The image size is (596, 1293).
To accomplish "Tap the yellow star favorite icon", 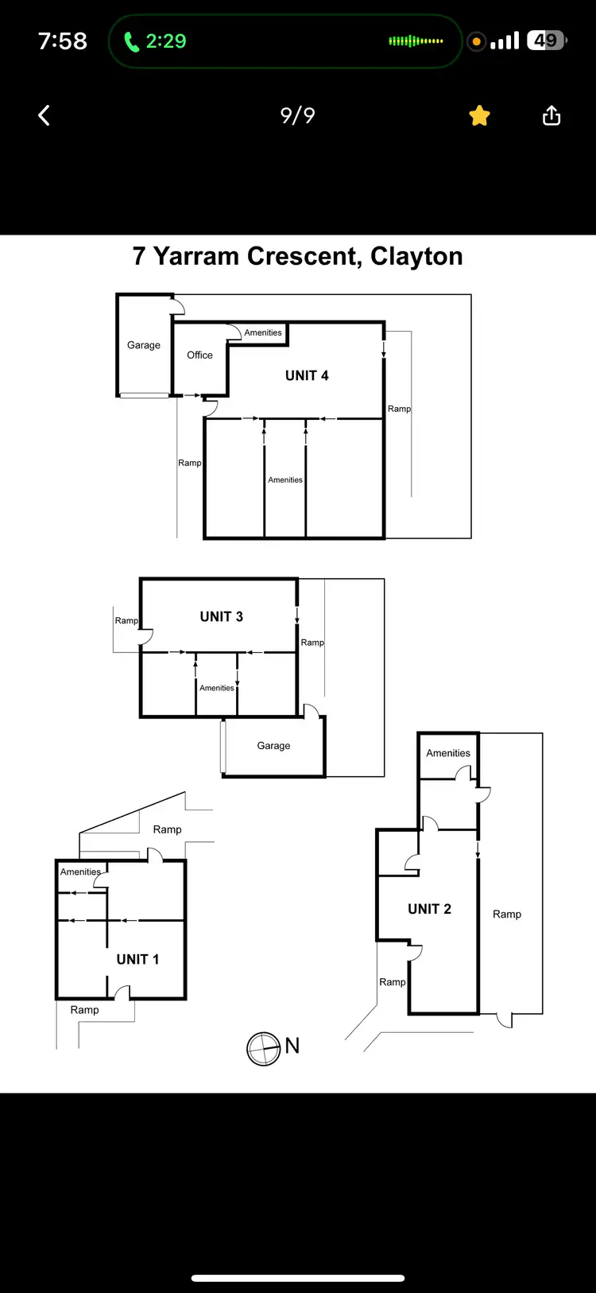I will click(479, 116).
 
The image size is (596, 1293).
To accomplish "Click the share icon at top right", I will click(551, 116).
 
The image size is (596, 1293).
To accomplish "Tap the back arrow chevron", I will click(45, 116).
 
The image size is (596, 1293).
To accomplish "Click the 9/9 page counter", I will click(298, 116).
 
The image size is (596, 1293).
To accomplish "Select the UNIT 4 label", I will click(307, 375).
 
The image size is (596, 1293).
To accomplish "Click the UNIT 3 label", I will click(221, 616).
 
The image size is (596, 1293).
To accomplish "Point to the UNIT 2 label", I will click(429, 909).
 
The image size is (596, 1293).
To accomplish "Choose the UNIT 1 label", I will click(137, 959).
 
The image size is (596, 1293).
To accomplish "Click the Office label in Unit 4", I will click(199, 355).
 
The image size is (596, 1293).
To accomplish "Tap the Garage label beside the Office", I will click(144, 345).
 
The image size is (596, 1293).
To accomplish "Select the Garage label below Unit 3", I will click(273, 746).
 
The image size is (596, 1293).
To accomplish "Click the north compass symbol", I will click(263, 1049).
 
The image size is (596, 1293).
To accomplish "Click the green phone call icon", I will click(131, 41).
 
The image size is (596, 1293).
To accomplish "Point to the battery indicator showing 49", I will click(546, 41).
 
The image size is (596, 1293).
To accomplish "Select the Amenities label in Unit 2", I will click(448, 753).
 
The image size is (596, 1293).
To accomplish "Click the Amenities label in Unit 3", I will click(217, 688).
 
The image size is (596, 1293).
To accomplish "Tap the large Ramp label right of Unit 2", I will click(507, 914).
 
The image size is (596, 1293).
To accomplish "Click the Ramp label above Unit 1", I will click(167, 829).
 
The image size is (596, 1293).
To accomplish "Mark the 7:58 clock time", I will click(62, 41).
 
